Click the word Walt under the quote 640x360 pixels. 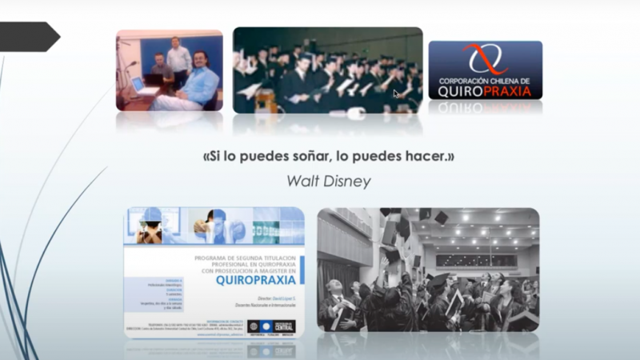click(x=304, y=181)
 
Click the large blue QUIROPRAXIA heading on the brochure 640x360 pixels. click(x=256, y=280)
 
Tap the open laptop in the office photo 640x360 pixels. click(x=138, y=82)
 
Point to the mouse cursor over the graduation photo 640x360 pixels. click(x=396, y=94)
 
